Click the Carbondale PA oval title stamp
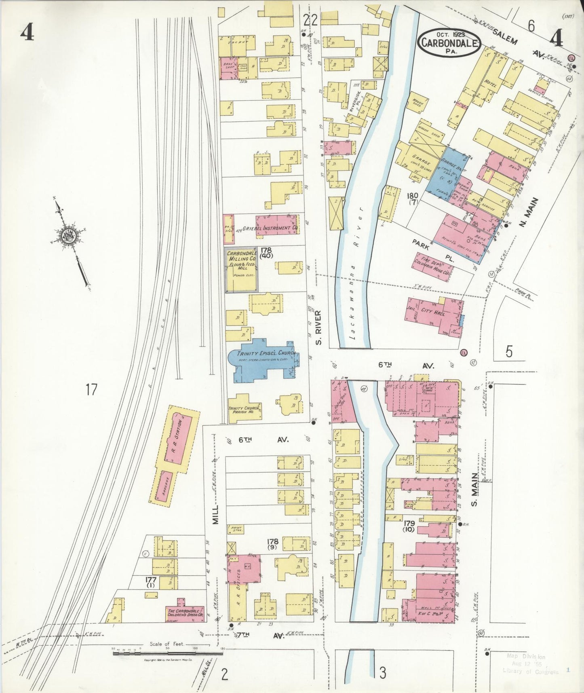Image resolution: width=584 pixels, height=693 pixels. pos(449,42)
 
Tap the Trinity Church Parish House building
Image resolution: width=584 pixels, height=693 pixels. pos(244,409)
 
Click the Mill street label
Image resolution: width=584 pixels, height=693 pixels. pos(215,514)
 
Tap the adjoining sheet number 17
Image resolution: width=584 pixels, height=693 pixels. pos(91,390)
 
